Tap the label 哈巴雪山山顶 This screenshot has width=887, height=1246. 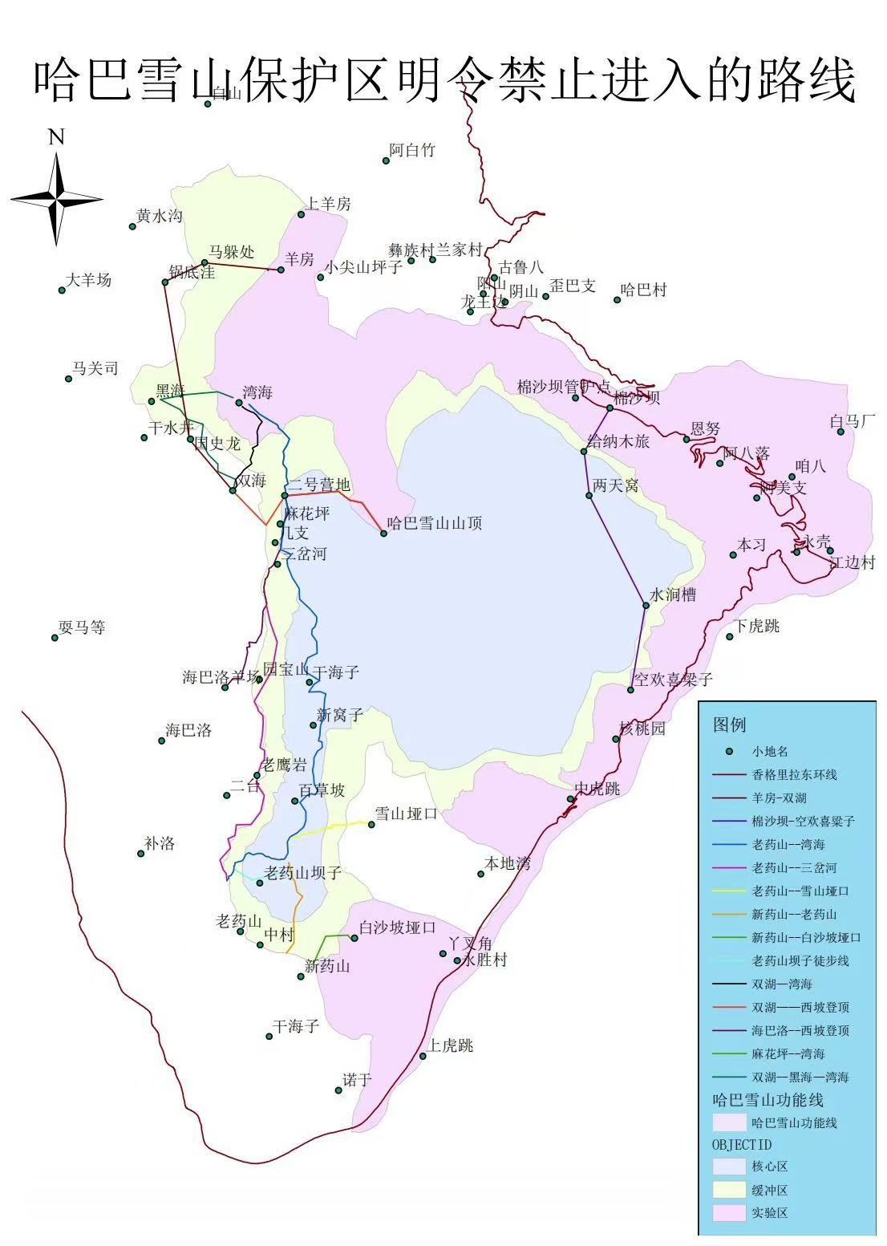pos(435,524)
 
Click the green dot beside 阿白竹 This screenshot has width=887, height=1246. pos(386,160)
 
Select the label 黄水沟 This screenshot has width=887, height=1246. pos(160,216)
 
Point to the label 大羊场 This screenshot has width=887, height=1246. pos(89,280)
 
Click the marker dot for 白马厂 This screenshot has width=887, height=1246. pos(840,432)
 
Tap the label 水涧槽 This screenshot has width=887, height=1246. pos(673,595)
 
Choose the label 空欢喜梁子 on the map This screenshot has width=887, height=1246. pos(674,680)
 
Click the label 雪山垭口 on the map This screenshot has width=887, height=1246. pos(407,814)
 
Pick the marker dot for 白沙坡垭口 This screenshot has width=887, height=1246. pos(354,938)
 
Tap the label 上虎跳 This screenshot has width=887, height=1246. pos(450,1045)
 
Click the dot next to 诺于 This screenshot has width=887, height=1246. pos(338,1090)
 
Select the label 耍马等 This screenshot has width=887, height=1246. pos(83,627)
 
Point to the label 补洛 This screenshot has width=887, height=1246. pos(160,843)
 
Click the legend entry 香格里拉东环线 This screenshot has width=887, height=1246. pos(794,775)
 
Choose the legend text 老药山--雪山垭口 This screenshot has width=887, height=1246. pos(800,891)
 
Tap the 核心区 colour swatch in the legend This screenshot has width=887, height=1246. pos(728,1166)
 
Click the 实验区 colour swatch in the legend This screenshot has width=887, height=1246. pos(728,1212)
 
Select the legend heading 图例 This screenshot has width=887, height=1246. pos(729,724)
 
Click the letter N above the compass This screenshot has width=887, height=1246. pos(56,137)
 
